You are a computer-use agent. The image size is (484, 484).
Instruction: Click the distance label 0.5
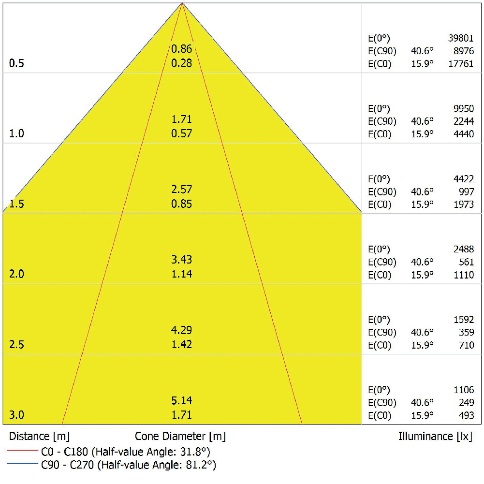(16, 63)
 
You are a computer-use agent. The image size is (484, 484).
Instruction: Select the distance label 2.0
(16, 274)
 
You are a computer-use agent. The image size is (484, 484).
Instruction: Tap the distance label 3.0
(16, 415)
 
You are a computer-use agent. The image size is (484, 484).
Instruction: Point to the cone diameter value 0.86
(182, 49)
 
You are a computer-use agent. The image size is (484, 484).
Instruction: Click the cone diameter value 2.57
(182, 190)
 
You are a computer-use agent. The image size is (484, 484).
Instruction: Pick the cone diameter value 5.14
(182, 400)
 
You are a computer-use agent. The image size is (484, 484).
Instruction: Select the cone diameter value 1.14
(182, 274)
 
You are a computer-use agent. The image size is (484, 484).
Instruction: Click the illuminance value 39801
(461, 39)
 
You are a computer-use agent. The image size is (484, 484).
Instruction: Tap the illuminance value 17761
(461, 64)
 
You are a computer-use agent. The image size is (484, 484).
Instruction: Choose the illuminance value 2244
(463, 121)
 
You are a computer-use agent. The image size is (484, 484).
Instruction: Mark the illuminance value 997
(466, 192)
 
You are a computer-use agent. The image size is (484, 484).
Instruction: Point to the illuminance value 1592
(463, 320)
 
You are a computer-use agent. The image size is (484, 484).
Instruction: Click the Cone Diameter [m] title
(180, 436)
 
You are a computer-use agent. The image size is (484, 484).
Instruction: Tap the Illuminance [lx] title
(435, 436)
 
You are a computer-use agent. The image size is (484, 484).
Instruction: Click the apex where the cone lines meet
(182, 3)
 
